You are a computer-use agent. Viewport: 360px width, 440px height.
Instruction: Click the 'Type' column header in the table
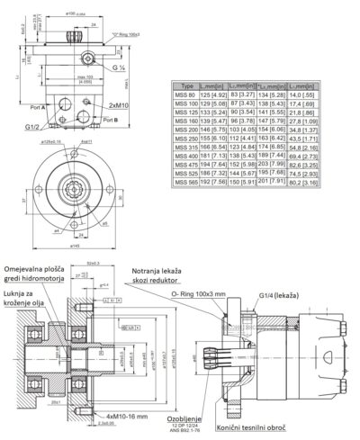coord(186,85)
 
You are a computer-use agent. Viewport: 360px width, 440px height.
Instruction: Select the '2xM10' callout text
coord(120,104)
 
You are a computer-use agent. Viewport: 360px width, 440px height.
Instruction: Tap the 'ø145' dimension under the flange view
coord(78,246)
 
